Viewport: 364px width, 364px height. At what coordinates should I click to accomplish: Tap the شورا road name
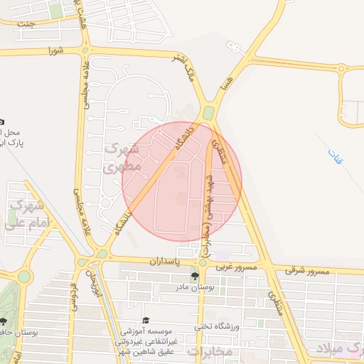pyautogui.click(x=55, y=50)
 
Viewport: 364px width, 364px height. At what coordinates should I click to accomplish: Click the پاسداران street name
pyautogui.click(x=166, y=262)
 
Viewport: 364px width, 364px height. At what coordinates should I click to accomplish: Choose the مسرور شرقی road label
pyautogui.click(x=308, y=271)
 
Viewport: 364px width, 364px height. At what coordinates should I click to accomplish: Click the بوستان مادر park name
pyautogui.click(x=193, y=288)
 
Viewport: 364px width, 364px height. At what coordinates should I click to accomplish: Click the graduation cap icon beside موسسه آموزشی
pyautogui.click(x=146, y=321)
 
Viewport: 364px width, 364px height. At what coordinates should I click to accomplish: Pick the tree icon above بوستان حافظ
pyautogui.click(x=4, y=321)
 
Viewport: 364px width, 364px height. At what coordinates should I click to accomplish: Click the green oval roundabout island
pyautogui.click(x=208, y=113)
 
